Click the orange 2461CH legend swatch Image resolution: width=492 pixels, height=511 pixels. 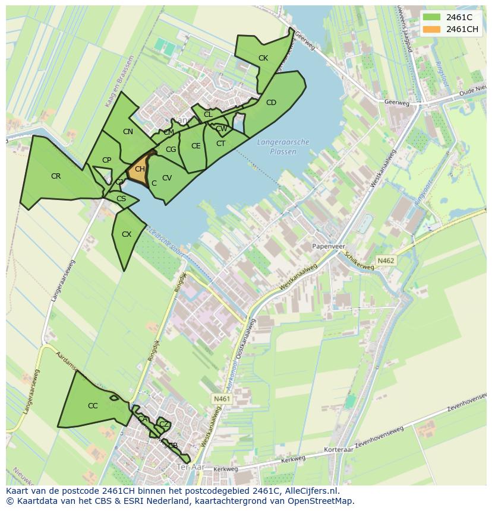pyautogui.click(x=432, y=29)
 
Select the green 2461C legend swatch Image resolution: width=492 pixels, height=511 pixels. pyautogui.click(x=432, y=17)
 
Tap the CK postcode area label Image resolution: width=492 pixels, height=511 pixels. pyautogui.click(x=263, y=58)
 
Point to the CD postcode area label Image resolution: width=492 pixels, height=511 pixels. pyautogui.click(x=271, y=103)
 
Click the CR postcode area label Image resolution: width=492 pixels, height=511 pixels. pyautogui.click(x=56, y=176)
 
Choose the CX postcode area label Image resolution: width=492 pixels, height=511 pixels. pyautogui.click(x=127, y=234)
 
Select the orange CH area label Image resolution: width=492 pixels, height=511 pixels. pyautogui.click(x=140, y=170)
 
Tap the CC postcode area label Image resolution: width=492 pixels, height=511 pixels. pyautogui.click(x=93, y=406)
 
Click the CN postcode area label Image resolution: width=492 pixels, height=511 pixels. pyautogui.click(x=128, y=132)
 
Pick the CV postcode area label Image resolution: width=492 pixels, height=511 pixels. pyautogui.click(x=167, y=178)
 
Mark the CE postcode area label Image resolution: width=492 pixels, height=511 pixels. pyautogui.click(x=196, y=146)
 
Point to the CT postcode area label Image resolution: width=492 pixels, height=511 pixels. pyautogui.click(x=220, y=144)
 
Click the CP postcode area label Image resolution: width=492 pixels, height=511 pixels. pyautogui.click(x=106, y=160)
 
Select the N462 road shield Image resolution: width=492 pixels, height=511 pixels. pyautogui.click(x=386, y=261)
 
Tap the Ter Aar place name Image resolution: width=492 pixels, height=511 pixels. pyautogui.click(x=191, y=468)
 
